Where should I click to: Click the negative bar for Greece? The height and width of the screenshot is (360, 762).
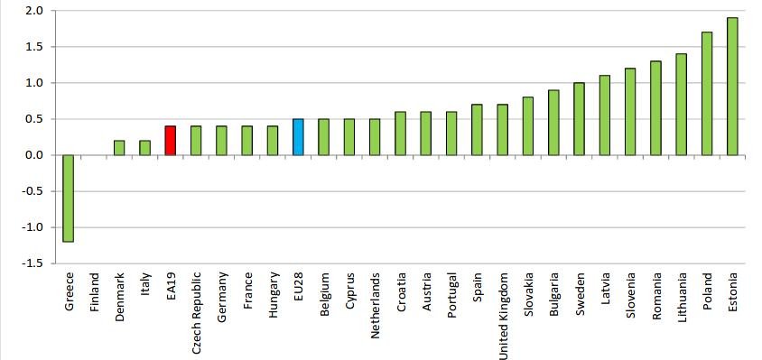(69, 198)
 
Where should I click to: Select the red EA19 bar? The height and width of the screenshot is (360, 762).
(170, 141)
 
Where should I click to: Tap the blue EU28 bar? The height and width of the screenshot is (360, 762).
(298, 137)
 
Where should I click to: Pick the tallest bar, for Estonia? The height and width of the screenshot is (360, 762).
(732, 87)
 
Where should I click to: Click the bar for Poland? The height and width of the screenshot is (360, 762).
(707, 94)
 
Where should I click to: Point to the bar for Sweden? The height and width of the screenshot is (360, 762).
(579, 119)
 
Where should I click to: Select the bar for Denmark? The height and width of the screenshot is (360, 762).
(119, 148)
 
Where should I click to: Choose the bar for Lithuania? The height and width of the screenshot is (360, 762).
(681, 105)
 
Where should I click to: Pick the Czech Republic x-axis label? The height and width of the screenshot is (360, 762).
(197, 311)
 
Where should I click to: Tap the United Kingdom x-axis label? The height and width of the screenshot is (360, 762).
(503, 316)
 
